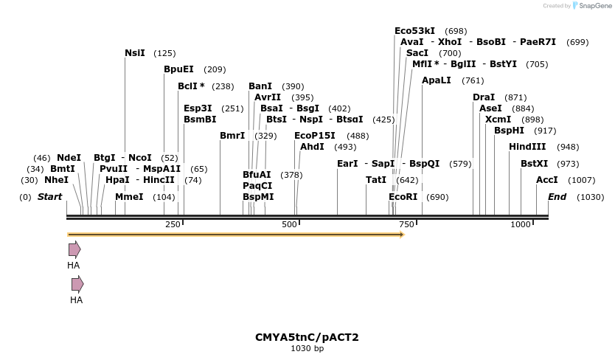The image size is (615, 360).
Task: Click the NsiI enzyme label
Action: click(135, 53)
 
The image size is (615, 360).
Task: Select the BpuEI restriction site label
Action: click(178, 69)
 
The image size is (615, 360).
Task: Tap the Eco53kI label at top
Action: click(414, 31)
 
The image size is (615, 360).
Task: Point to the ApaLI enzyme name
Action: click(437, 80)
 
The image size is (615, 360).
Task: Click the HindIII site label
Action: click(527, 147)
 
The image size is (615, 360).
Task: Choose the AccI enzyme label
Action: click(547, 180)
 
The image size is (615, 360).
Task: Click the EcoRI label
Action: click(403, 197)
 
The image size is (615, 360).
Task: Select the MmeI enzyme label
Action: click(129, 197)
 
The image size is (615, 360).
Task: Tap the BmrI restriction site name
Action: click(232, 136)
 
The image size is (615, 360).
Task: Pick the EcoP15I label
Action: click(315, 136)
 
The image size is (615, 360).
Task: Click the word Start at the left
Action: click(49, 197)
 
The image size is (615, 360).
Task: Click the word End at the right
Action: click(557, 197)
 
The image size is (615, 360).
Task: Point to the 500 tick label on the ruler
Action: click(289, 224)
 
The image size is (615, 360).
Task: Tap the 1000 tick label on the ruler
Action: click(521, 224)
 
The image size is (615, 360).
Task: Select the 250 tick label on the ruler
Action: click(173, 224)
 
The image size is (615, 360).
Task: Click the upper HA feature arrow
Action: click(74, 249)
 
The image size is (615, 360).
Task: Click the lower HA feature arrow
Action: click(77, 284)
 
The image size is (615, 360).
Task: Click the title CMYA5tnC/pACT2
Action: click(307, 337)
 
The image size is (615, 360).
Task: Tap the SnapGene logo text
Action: click(594, 6)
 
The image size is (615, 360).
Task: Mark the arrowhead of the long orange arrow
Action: click(402, 235)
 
